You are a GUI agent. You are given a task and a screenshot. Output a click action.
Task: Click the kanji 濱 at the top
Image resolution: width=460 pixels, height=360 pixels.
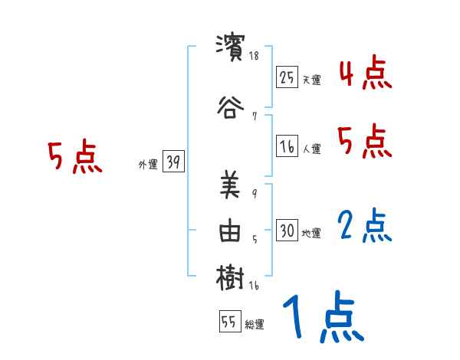coord(230,46)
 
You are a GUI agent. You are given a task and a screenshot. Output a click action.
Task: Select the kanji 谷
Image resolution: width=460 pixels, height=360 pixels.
coord(230,106)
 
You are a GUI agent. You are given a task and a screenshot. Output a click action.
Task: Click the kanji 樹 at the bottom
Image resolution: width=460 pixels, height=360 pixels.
coord(230,277)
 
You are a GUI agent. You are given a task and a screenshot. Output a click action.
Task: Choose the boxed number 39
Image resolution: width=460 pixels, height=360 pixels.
coord(173,162)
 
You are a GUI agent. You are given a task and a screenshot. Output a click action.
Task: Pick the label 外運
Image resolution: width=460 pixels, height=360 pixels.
coord(148,164)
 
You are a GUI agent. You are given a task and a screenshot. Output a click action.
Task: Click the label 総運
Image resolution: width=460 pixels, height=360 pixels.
coord(255,325)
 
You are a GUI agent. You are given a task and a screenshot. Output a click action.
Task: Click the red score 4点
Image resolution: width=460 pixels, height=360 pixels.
coord(365,74)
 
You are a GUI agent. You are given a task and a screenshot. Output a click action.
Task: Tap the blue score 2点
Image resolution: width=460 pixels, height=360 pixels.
coord(365,226)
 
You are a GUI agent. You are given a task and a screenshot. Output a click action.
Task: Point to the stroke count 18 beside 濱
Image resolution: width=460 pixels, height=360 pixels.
coord(255,56)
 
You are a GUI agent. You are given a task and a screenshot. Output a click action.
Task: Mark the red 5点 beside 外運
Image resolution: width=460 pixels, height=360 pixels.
coord(74,159)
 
